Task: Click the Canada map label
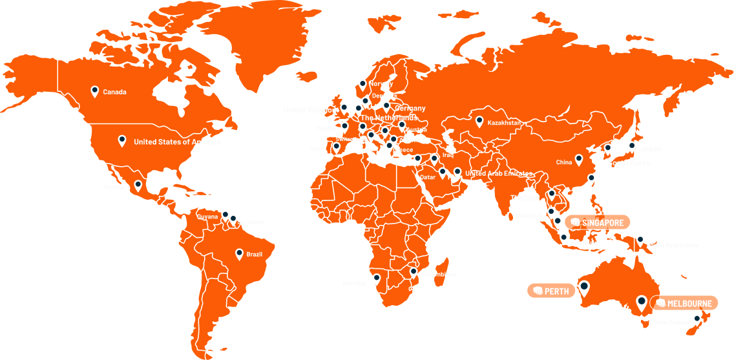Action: [x=114, y=92]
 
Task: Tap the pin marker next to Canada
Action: [x=95, y=91]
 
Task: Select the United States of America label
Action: [x=177, y=142]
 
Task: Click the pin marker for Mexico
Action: [x=138, y=185]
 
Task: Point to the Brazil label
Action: [x=254, y=255]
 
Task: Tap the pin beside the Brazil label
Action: [x=240, y=253]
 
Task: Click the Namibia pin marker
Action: [x=377, y=279]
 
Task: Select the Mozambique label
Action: [x=438, y=275]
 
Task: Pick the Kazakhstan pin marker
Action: [x=479, y=120]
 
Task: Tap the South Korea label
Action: [x=629, y=163]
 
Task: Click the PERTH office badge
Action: [x=551, y=291]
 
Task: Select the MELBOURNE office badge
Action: [x=684, y=303]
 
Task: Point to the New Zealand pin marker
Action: [x=697, y=319]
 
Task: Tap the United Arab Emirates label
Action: [x=498, y=174]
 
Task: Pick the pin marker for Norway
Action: [x=362, y=84]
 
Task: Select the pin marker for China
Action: [x=579, y=159]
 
